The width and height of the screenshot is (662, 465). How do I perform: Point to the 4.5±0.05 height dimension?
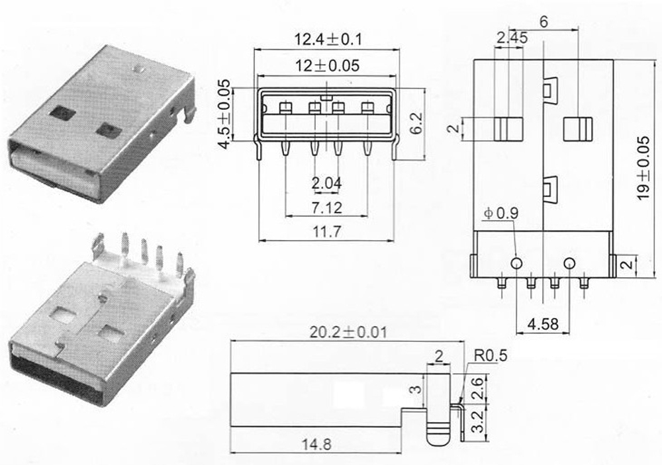pyautogui.click(x=224, y=114)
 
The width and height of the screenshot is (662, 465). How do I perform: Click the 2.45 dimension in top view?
pyautogui.click(x=511, y=38)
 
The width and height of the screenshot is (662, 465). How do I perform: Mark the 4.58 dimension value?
pyautogui.click(x=542, y=325)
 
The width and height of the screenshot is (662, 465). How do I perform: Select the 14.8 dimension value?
pyautogui.click(x=315, y=444)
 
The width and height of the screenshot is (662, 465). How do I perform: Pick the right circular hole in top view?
pyautogui.click(x=568, y=263)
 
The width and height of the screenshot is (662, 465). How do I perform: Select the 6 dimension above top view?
pyautogui.click(x=544, y=21)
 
